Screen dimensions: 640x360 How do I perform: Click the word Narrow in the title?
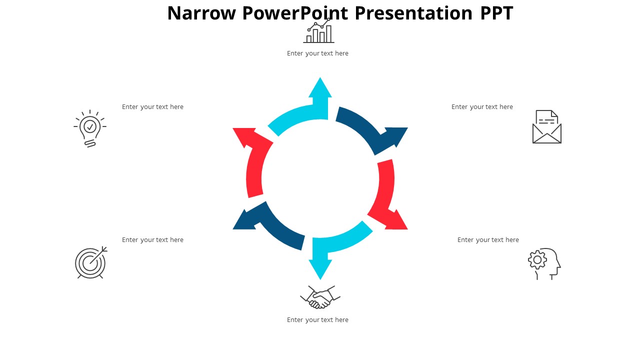tap(201, 13)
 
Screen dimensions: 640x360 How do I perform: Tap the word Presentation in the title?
tap(413, 13)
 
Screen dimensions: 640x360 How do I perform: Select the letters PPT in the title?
tap(496, 13)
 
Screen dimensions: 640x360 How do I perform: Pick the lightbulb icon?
tap(90, 128)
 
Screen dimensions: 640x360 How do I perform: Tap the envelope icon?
tap(547, 127)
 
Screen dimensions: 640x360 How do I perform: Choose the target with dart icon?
tap(91, 262)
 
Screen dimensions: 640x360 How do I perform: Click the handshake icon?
tap(320, 297)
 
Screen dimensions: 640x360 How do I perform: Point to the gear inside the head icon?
tap(537, 259)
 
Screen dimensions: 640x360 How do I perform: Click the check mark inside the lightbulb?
tap(90, 126)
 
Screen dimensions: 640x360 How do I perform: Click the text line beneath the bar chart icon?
tap(317, 53)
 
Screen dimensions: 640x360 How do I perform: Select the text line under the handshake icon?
tap(317, 319)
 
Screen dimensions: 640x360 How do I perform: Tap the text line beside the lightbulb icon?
tap(152, 107)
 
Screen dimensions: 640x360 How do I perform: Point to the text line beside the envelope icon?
tap(482, 107)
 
